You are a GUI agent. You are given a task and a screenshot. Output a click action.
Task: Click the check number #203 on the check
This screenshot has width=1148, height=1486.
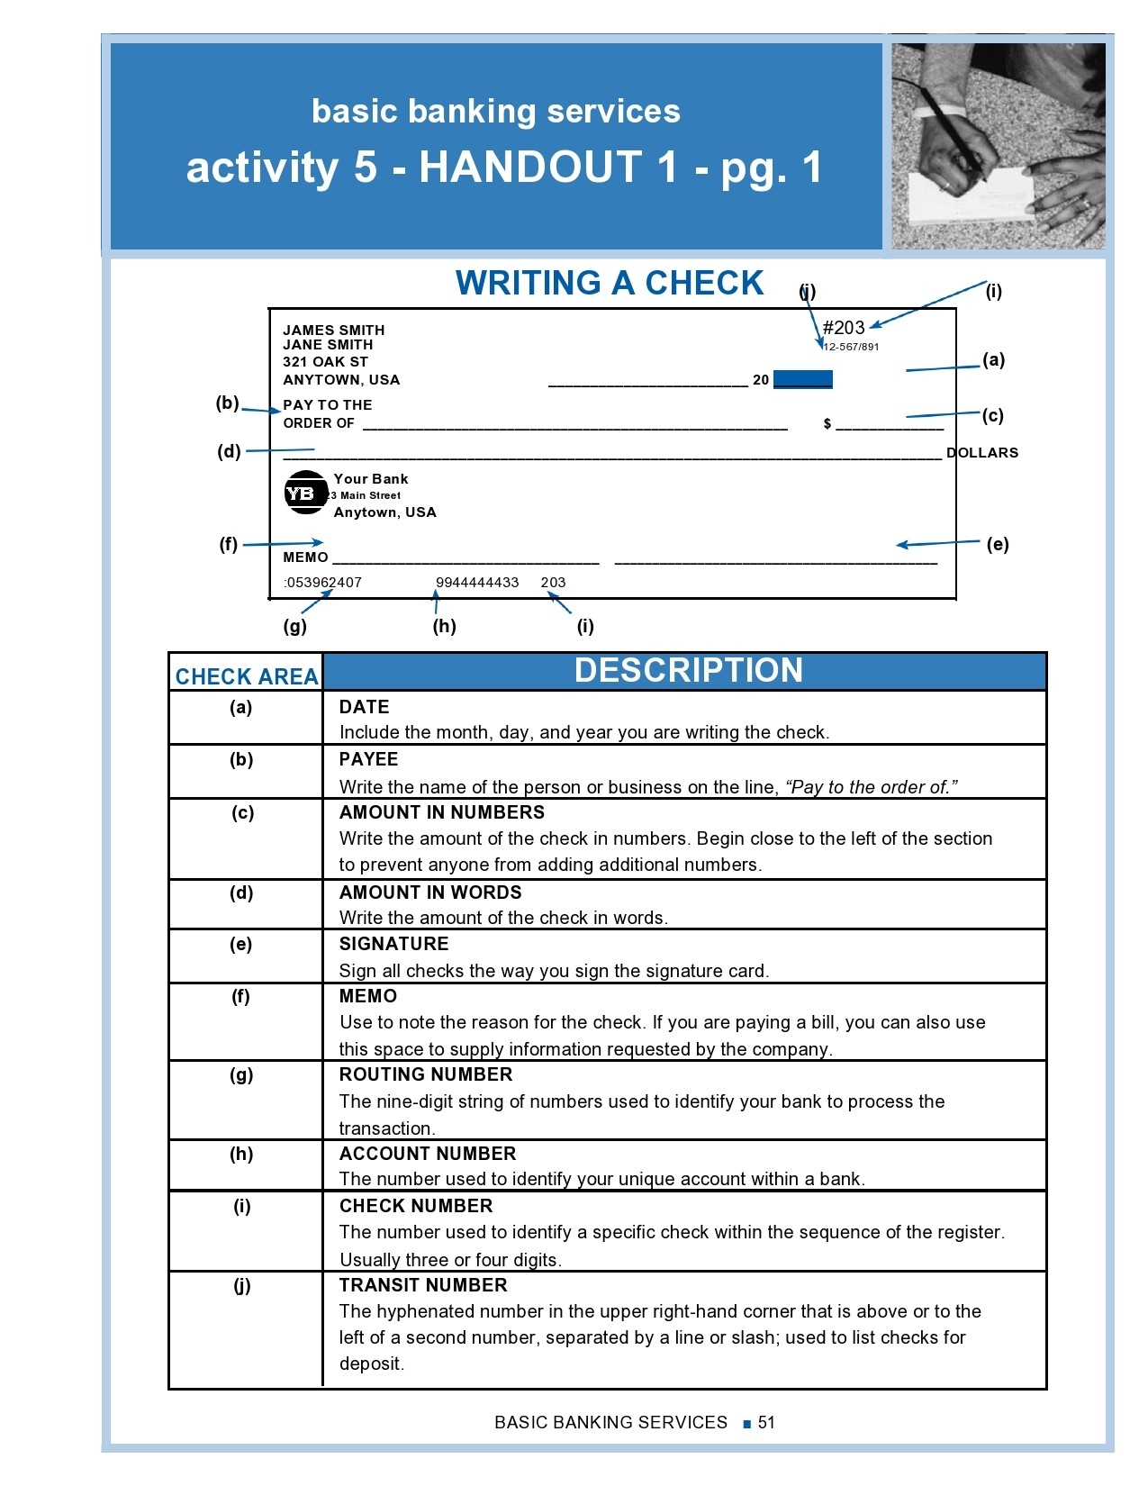[844, 328]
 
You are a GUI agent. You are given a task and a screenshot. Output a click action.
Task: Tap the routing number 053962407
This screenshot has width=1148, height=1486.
[323, 583]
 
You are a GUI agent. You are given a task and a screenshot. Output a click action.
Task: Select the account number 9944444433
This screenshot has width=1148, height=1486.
[477, 583]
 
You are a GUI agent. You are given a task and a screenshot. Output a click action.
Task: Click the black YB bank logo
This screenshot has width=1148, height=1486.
[305, 493]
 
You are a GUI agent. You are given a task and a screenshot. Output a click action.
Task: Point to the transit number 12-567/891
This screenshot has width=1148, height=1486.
[852, 347]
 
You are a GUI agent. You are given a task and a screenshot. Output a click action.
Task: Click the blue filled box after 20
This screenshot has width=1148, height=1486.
[803, 379]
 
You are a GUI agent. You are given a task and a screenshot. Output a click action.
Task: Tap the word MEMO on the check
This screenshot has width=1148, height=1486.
[305, 557]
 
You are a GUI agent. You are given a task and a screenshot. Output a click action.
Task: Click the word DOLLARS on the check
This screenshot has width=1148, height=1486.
[982, 453]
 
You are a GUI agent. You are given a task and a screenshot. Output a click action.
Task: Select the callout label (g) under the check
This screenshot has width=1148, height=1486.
[295, 626]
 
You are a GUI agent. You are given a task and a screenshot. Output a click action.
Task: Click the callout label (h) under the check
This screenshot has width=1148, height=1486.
[445, 626]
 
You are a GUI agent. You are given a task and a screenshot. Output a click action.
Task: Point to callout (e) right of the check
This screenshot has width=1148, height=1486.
[998, 544]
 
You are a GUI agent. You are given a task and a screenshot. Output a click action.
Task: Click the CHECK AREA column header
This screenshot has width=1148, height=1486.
[247, 676]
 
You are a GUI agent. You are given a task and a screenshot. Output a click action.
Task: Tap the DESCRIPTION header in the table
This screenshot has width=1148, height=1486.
[688, 671]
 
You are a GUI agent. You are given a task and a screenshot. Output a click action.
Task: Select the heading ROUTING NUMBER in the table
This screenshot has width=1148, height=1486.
[426, 1074]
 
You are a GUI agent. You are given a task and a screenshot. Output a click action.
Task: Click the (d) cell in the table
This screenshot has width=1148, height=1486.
[241, 893]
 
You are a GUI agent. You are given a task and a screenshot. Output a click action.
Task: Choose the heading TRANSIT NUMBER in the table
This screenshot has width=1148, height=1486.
[423, 1285]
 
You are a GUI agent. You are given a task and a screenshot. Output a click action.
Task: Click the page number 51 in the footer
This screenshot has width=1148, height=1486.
[766, 1422]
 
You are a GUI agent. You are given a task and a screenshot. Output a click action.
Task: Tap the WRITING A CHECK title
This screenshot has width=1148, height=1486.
[610, 283]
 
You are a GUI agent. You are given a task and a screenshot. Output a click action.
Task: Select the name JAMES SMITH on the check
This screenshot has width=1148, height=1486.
[334, 331]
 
